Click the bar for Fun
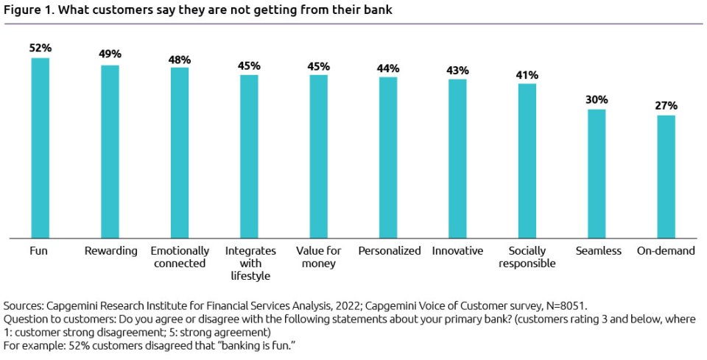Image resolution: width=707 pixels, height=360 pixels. [x=40, y=147]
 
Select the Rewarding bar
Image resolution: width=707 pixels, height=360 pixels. [x=110, y=151]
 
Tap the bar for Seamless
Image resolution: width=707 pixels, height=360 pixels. [x=597, y=173]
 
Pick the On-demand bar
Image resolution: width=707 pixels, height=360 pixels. [x=666, y=176]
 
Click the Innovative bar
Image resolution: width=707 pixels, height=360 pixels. [x=457, y=158]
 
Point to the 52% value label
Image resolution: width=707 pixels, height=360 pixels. [x=40, y=49]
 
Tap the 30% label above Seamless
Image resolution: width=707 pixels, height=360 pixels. [x=597, y=99]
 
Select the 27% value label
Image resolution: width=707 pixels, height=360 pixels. [x=666, y=105]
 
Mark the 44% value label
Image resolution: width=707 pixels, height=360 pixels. [x=388, y=67]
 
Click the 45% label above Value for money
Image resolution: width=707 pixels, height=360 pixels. [x=318, y=66]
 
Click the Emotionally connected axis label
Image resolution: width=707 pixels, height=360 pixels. [x=180, y=257]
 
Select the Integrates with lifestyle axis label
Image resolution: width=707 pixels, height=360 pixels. [x=249, y=263]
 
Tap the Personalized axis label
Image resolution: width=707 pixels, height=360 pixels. [x=389, y=251]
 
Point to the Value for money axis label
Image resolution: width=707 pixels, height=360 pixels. [x=318, y=257]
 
